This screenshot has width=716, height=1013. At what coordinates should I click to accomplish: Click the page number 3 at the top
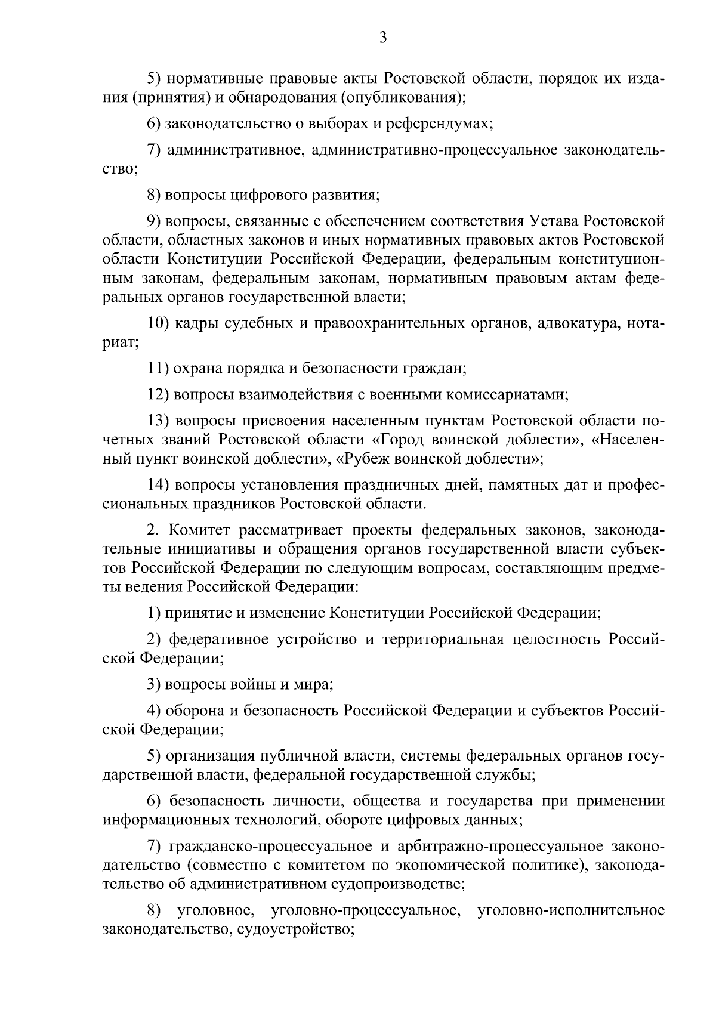click(383, 38)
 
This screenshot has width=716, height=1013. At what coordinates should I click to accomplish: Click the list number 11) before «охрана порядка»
click(158, 368)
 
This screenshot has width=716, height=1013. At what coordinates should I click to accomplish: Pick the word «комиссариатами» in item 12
click(506, 394)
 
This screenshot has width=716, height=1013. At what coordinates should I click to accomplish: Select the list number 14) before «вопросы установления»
click(159, 485)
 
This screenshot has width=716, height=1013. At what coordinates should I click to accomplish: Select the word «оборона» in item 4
click(193, 711)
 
